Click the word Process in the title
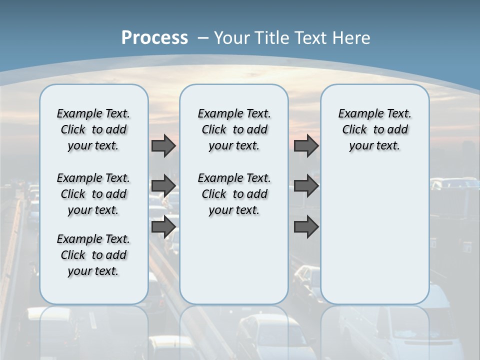(154, 37)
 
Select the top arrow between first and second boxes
(163, 145)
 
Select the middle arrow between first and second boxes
(163, 186)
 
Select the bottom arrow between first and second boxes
(163, 226)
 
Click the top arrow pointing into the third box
(306, 145)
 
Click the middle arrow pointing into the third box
(306, 186)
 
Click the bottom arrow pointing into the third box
(306, 226)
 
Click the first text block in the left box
(93, 129)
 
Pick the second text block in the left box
(93, 194)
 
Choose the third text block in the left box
(93, 255)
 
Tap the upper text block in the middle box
(234, 129)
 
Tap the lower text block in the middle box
(234, 194)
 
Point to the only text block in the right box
(374, 129)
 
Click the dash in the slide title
(203, 38)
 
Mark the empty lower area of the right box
(374, 235)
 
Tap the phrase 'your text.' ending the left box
(93, 271)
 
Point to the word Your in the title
(232, 37)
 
